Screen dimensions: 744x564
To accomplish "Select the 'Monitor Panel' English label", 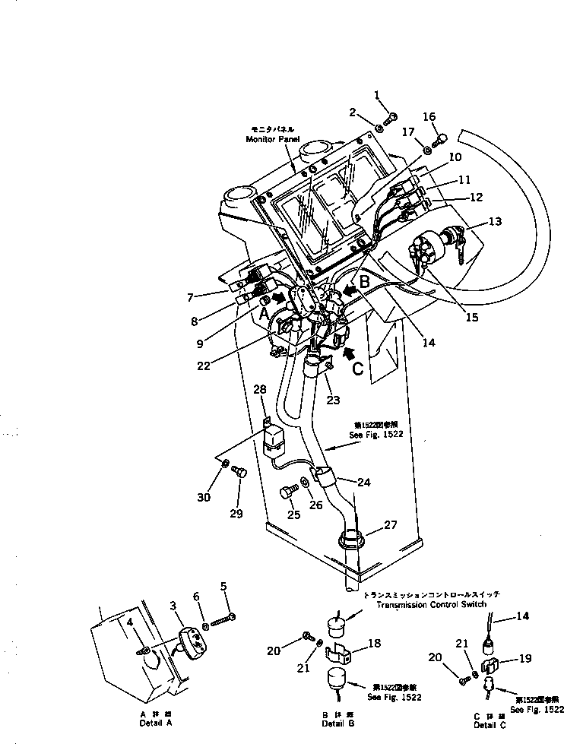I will tap(270, 140).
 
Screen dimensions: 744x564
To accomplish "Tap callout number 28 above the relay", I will tap(260, 390).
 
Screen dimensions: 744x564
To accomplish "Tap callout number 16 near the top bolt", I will tap(429, 117).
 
